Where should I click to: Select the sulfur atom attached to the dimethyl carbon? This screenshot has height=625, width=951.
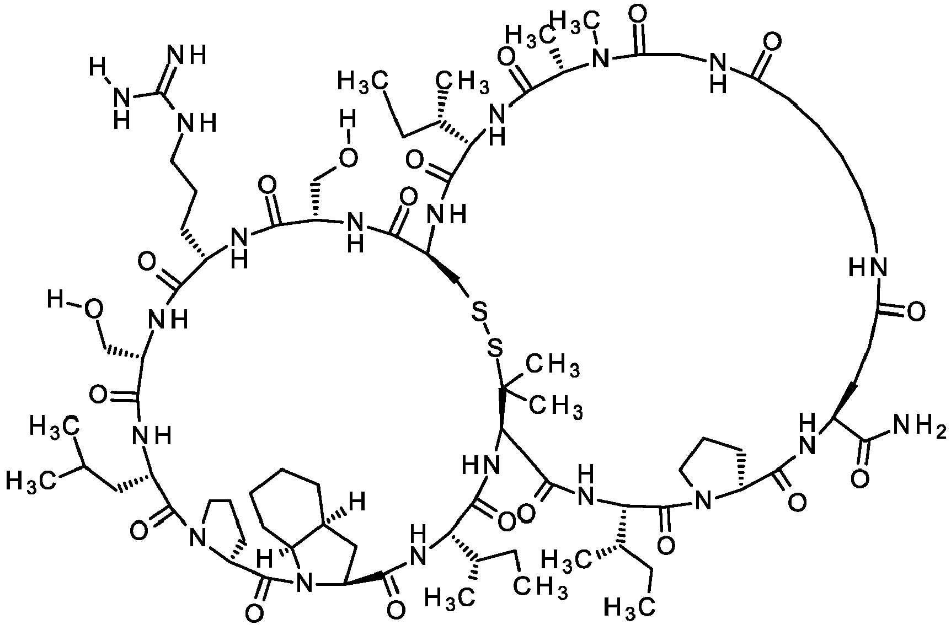pyautogui.click(x=496, y=348)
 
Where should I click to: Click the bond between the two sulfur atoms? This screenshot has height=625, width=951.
pyautogui.click(x=488, y=331)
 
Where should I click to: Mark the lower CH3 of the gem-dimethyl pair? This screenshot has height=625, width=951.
pyautogui.click(x=557, y=408)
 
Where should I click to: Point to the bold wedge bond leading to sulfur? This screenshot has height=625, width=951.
pyautogui.click(x=446, y=271)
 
